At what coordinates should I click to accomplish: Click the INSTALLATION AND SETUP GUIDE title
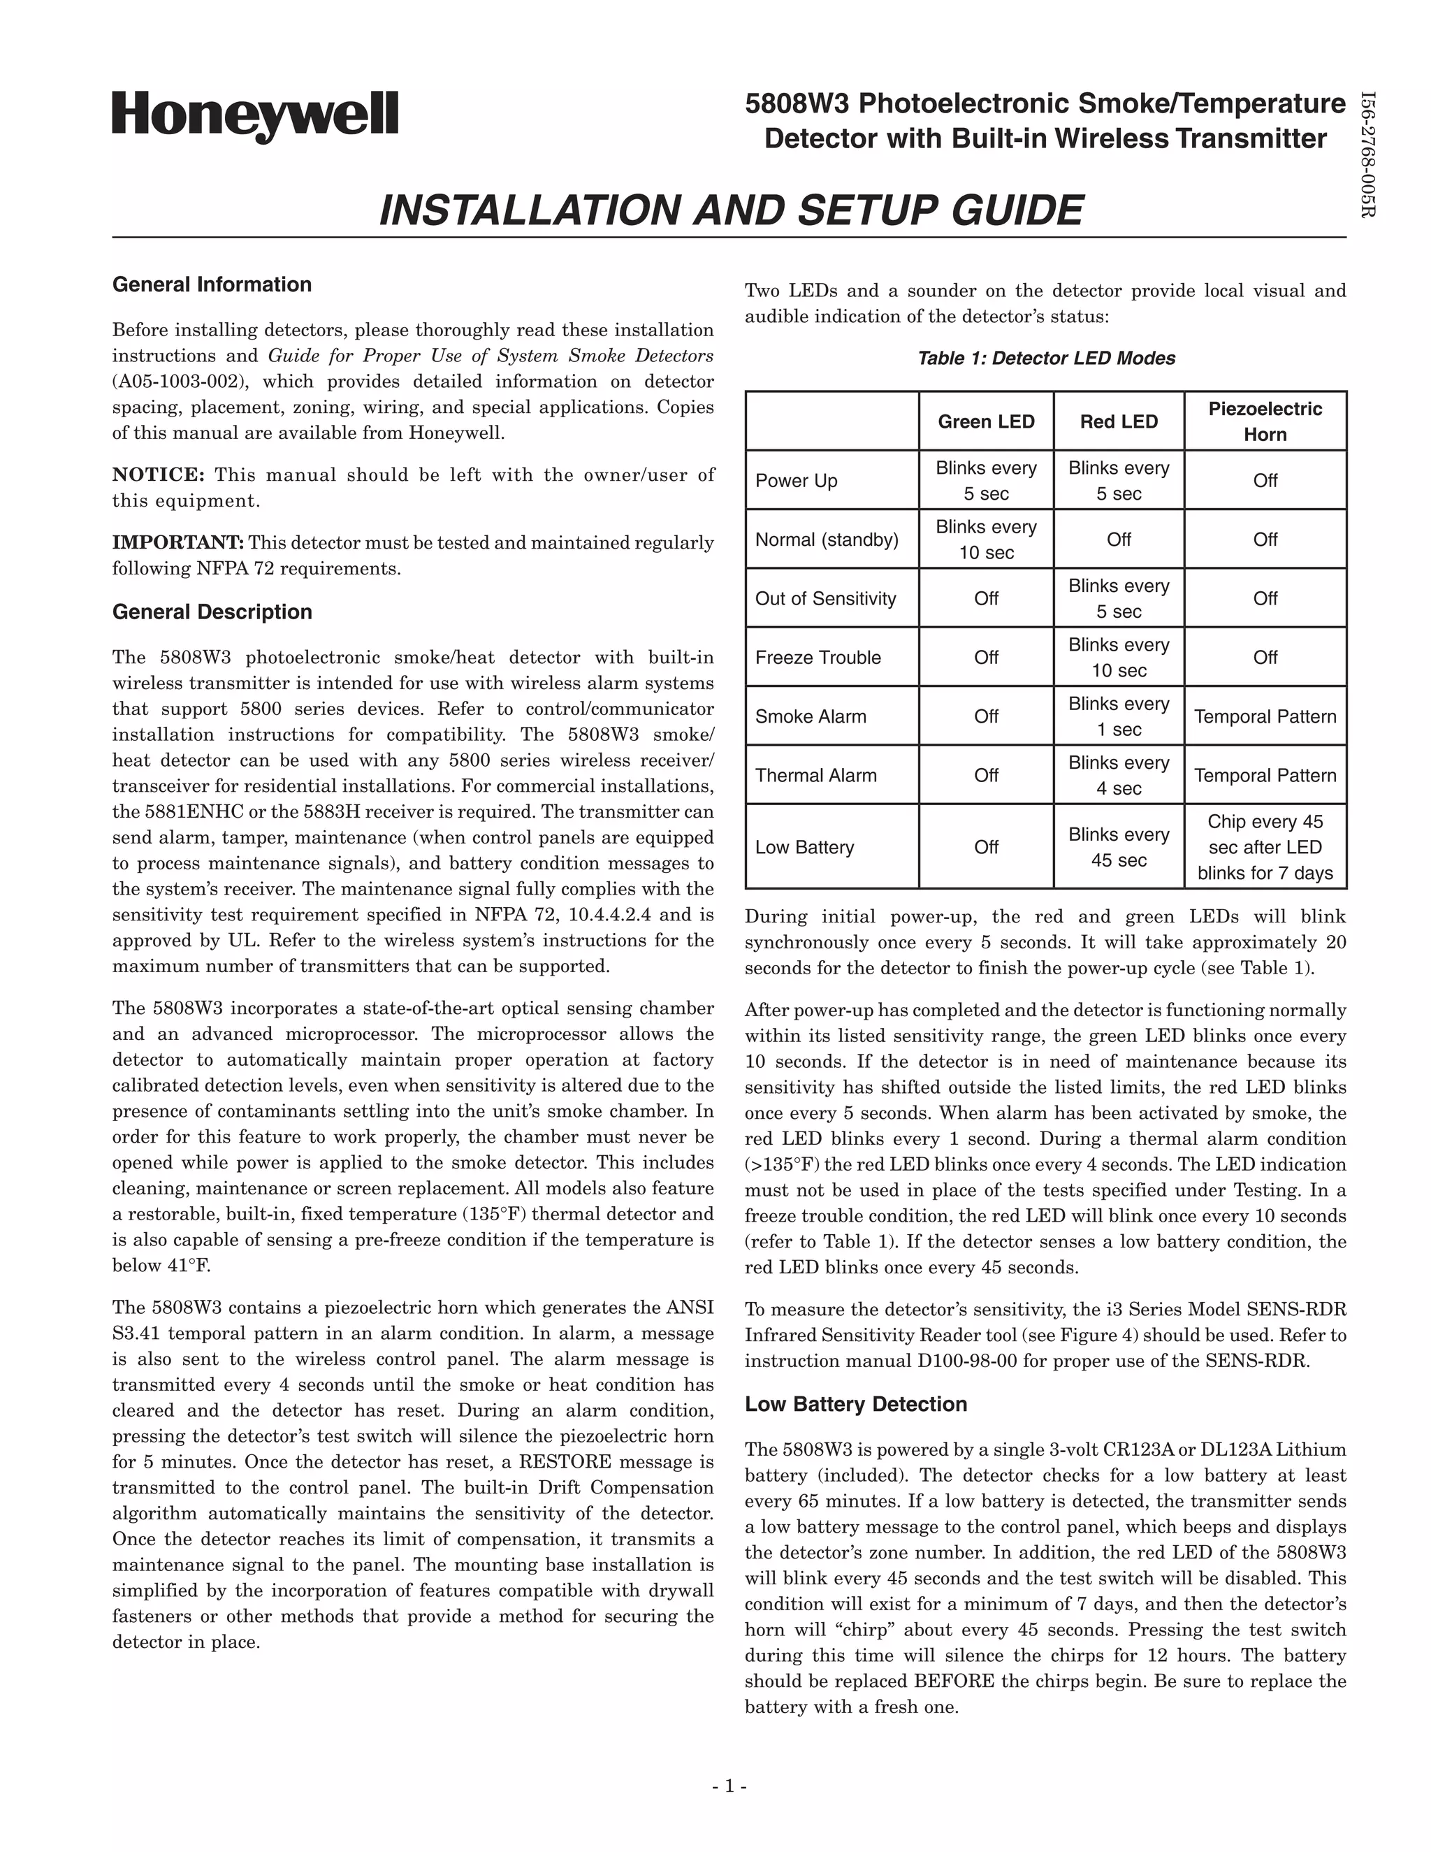tap(730, 210)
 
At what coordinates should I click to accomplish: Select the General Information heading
tap(212, 284)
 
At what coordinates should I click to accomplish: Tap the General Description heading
tap(212, 612)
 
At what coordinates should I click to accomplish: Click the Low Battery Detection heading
tap(855, 1403)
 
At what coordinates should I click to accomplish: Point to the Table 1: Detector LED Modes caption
tap(1046, 358)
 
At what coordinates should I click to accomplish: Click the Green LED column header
tap(986, 421)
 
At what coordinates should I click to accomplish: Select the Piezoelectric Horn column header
tap(1265, 421)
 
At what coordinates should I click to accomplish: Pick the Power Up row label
tap(796, 481)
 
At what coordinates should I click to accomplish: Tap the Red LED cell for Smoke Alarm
tap(1118, 716)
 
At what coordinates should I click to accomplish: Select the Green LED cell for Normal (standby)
tap(986, 540)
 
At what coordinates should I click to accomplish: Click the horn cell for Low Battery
tap(1265, 847)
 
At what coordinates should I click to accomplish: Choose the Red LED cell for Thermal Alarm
tap(1118, 775)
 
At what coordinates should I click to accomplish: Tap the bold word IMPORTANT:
tap(178, 543)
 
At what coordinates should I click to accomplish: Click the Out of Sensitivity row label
tap(825, 599)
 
